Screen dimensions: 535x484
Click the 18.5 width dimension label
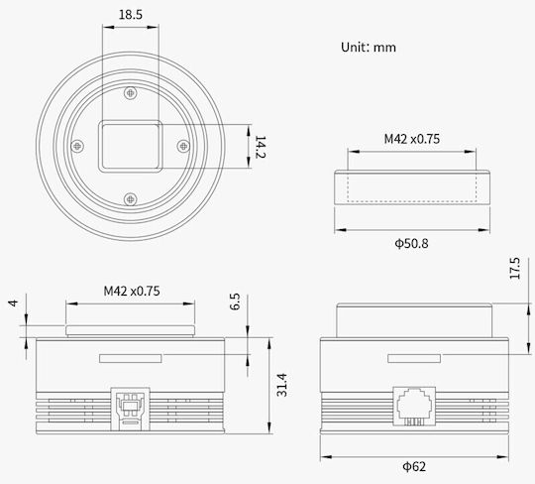pyautogui.click(x=131, y=15)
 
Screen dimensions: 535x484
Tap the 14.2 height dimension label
pyautogui.click(x=261, y=147)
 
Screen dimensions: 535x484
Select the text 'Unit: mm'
pyautogui.click(x=369, y=48)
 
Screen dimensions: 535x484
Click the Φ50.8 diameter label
pyautogui.click(x=411, y=244)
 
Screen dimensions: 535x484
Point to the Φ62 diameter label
pyautogui.click(x=414, y=466)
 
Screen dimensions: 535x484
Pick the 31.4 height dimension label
pyautogui.click(x=281, y=385)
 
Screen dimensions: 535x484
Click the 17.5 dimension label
pyautogui.click(x=515, y=268)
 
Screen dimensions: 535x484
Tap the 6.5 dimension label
pyautogui.click(x=235, y=302)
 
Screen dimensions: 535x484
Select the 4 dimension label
pyautogui.click(x=13, y=302)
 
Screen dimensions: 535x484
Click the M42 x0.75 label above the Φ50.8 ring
pyautogui.click(x=412, y=139)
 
